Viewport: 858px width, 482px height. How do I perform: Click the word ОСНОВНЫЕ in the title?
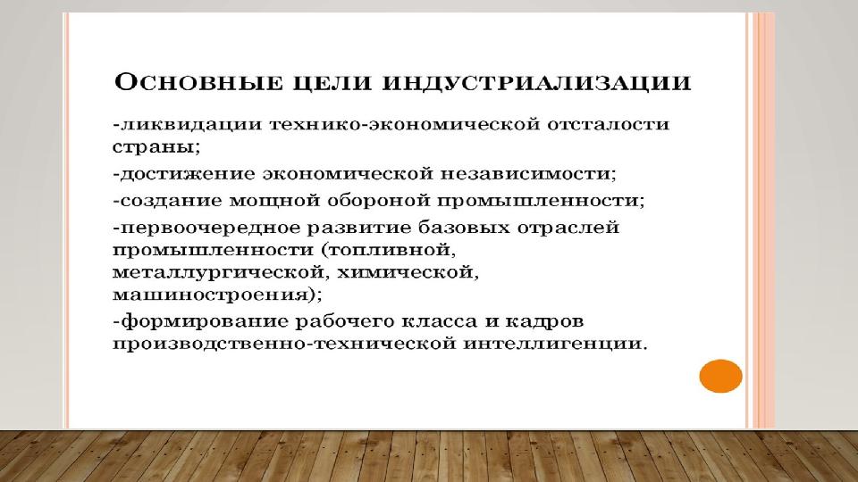pos(198,82)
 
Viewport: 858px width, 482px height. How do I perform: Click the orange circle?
pos(720,376)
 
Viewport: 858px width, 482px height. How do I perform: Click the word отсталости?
pos(608,124)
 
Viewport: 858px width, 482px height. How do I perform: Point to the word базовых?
pos(461,228)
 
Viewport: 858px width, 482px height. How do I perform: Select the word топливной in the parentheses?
pos(391,250)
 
